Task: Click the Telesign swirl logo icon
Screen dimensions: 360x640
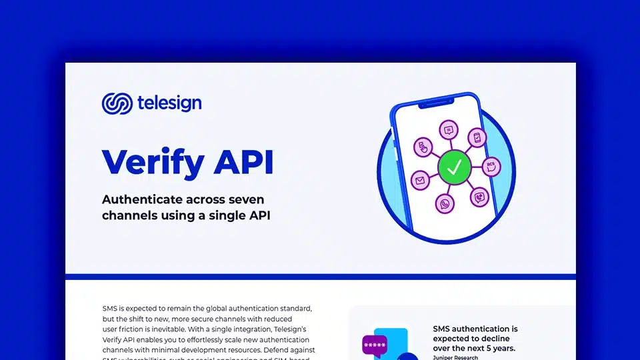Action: pos(117,103)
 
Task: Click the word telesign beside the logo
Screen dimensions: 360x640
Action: pos(169,103)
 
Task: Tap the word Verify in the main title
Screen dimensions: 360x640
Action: pos(153,162)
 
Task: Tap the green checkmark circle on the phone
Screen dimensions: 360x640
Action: pos(454,169)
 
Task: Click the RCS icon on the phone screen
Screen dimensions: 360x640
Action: pos(491,166)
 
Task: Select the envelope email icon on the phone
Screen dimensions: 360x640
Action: pos(420,180)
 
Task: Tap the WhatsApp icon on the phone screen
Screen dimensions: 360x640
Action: pos(445,204)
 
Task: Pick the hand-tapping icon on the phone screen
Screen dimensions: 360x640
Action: pos(423,147)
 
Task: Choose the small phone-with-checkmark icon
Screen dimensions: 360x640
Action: pos(477,137)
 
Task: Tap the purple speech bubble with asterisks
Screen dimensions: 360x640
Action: pos(375,345)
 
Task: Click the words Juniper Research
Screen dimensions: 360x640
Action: pos(455,357)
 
